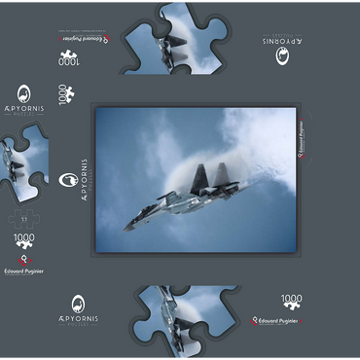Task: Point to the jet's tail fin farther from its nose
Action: point(220,174)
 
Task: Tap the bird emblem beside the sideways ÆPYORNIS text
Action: point(67,181)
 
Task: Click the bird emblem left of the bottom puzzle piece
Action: point(78,306)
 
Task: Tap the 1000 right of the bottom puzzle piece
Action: point(291,302)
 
